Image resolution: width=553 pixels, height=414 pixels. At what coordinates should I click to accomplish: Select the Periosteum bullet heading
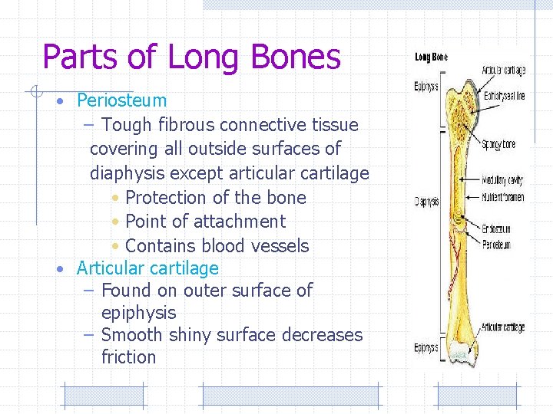click(121, 100)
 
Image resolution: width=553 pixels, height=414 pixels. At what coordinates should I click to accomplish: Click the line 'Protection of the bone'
click(215, 198)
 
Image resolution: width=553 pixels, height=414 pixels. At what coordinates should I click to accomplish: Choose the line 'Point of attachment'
click(205, 222)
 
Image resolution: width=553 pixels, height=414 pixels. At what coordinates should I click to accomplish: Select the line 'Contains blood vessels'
click(217, 246)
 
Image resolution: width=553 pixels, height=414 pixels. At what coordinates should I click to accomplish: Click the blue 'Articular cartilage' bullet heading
click(147, 268)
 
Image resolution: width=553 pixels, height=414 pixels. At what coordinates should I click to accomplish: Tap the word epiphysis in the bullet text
click(138, 313)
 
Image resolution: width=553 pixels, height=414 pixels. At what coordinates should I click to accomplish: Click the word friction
click(128, 357)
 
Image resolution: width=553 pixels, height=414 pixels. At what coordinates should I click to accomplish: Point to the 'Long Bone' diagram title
click(431, 58)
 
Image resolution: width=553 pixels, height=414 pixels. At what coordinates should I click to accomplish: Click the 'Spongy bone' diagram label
click(499, 144)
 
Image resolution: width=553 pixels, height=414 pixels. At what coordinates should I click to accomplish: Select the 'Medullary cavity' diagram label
click(502, 181)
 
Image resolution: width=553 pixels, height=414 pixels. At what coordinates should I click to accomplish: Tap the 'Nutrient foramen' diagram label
click(503, 197)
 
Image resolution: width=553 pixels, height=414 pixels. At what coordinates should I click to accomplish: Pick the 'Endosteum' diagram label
click(497, 228)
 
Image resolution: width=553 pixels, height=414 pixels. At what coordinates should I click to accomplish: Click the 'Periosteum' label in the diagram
click(497, 245)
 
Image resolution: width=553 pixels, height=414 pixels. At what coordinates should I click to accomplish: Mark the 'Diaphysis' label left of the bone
click(427, 202)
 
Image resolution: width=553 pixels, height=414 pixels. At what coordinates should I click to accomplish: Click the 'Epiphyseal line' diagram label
click(505, 97)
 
